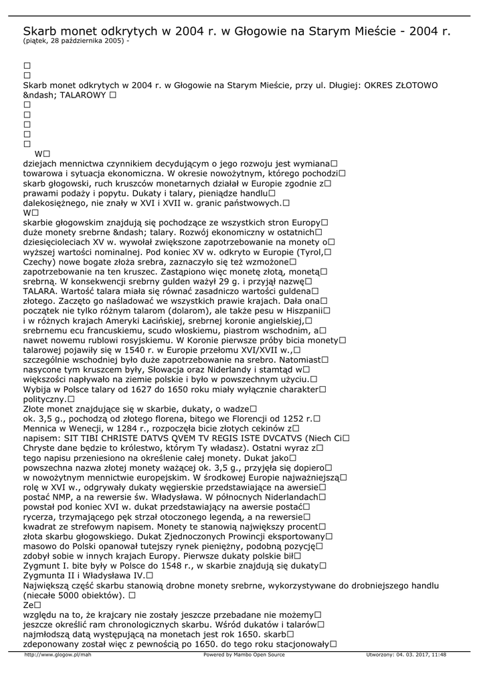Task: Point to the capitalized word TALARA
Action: point(38,291)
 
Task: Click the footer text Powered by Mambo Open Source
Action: point(244,655)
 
